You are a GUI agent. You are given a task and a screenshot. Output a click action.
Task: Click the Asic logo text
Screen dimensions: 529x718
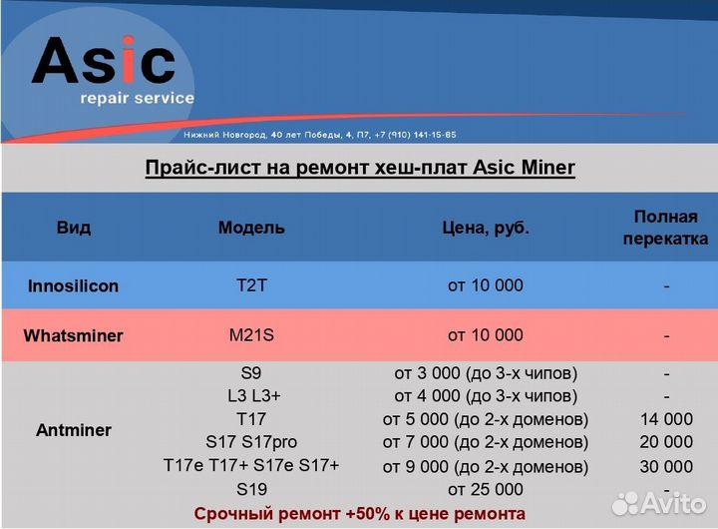(x=104, y=62)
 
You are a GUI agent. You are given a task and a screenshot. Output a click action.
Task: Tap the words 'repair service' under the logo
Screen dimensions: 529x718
(x=137, y=99)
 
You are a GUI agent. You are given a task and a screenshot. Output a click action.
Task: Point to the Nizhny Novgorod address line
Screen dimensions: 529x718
(x=320, y=134)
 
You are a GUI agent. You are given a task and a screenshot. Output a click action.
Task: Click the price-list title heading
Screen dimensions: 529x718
(x=360, y=168)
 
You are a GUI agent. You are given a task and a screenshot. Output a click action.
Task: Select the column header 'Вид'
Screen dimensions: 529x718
(x=74, y=228)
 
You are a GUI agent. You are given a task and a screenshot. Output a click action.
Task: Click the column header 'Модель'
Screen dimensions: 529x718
(x=251, y=228)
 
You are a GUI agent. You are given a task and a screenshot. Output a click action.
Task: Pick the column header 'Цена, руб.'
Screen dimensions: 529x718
(x=486, y=228)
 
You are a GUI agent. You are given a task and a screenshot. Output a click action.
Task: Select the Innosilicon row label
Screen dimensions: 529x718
(x=73, y=286)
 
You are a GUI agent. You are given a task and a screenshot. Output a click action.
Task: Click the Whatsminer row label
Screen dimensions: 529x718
(x=73, y=335)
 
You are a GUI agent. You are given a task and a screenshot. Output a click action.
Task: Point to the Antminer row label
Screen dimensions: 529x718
(x=74, y=430)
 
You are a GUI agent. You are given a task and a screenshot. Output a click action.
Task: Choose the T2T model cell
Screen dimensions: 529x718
(x=251, y=285)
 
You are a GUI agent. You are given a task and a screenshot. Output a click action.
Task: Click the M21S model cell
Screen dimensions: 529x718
(x=251, y=335)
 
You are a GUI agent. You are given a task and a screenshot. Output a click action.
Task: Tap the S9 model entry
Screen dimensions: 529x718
(x=251, y=373)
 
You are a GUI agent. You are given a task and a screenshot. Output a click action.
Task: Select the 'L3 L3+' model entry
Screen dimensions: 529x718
(x=251, y=395)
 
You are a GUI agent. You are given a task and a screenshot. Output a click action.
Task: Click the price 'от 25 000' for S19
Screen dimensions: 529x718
(x=486, y=489)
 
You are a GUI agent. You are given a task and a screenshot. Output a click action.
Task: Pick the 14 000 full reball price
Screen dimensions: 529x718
(x=665, y=419)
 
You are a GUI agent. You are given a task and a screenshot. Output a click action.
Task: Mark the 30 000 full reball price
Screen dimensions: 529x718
(x=665, y=467)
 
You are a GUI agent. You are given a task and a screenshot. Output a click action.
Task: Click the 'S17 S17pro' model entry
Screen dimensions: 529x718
(x=251, y=442)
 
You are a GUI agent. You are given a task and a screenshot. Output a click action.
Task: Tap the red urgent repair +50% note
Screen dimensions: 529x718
(x=360, y=513)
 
